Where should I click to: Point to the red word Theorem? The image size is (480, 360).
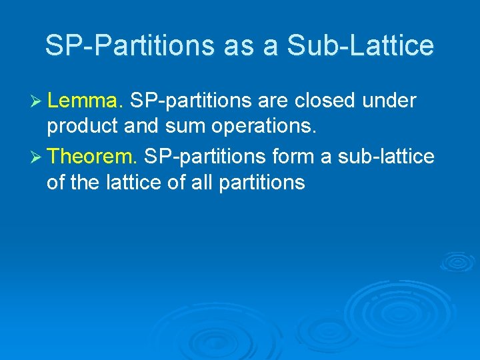(x=93, y=156)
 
